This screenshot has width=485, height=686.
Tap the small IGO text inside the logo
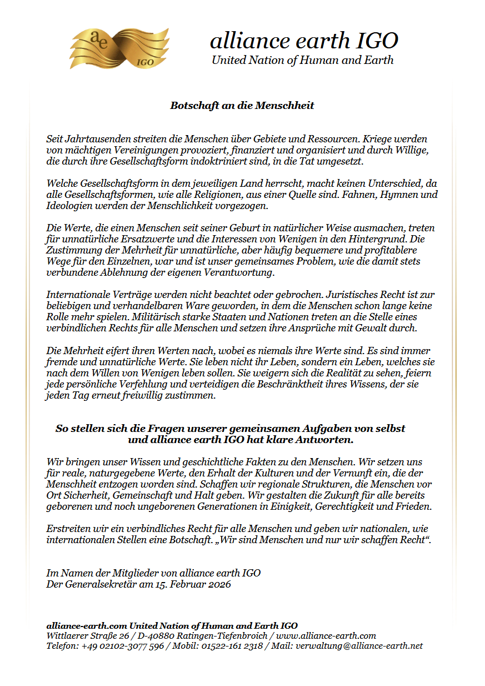pos(145,62)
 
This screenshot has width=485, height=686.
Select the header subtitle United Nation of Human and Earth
pos(302,60)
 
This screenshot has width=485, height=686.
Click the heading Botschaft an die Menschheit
pos(242,106)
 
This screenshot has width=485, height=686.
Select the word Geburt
pos(241,228)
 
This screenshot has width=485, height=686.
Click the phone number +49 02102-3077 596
pos(123,646)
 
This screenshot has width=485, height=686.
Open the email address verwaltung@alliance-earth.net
pos(359,646)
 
